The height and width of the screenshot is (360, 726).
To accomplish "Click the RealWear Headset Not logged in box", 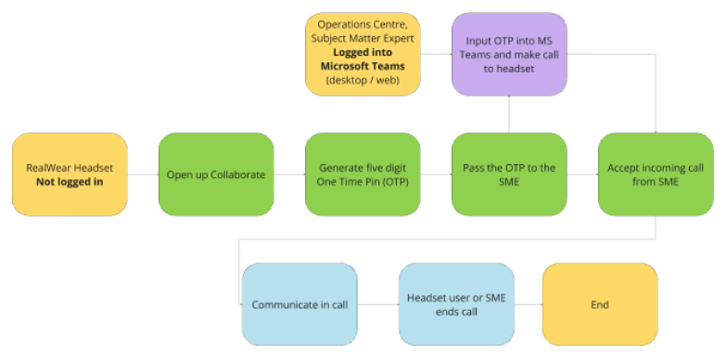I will click(x=70, y=174).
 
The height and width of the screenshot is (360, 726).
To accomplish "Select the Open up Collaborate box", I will click(x=216, y=174).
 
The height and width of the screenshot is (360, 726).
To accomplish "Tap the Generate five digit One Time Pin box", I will click(x=363, y=174).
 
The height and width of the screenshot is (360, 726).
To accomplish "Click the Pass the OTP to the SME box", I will click(x=509, y=174).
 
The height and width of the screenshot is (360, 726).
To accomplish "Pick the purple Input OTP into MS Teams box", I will click(x=509, y=54).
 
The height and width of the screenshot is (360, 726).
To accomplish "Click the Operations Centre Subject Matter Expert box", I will click(x=363, y=54).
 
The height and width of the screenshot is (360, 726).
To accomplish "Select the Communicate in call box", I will click(x=298, y=304).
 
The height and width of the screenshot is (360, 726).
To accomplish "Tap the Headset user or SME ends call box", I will click(x=455, y=304).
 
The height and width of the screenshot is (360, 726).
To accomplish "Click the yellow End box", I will click(x=599, y=304).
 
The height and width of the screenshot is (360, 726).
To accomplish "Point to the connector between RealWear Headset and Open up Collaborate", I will click(x=143, y=174).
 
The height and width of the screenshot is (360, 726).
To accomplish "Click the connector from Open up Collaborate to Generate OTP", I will click(x=289, y=174).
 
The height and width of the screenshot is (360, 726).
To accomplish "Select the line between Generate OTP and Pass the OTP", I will click(x=436, y=174).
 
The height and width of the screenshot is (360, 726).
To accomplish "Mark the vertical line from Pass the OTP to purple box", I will click(x=509, y=114).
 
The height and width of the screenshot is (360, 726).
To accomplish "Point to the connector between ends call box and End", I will click(x=528, y=304).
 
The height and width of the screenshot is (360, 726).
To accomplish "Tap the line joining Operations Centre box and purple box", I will click(x=436, y=54).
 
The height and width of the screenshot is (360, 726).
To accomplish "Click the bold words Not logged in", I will click(x=70, y=182).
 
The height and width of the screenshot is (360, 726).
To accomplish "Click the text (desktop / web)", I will click(x=363, y=82).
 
